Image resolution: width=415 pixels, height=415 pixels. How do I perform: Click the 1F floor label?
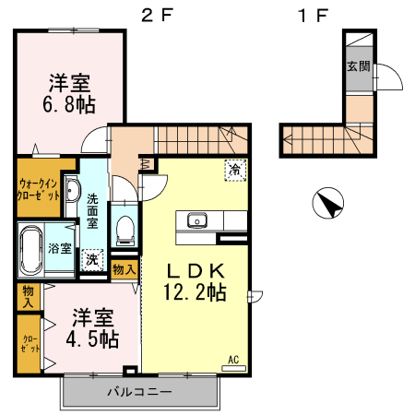pyautogui.click(x=310, y=15)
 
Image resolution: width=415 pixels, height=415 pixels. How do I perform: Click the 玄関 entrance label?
pyautogui.click(x=359, y=66)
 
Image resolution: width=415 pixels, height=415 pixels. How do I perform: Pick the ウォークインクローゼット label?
pyautogui.click(x=38, y=189)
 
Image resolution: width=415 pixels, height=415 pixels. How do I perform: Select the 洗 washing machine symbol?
pyautogui.click(x=92, y=260)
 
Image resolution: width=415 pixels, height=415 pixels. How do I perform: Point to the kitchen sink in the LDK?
pyautogui.click(x=196, y=219)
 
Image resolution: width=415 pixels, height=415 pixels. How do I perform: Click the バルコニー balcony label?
pyautogui.click(x=139, y=392)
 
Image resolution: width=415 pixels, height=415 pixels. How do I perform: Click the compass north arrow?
pyautogui.click(x=328, y=202)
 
